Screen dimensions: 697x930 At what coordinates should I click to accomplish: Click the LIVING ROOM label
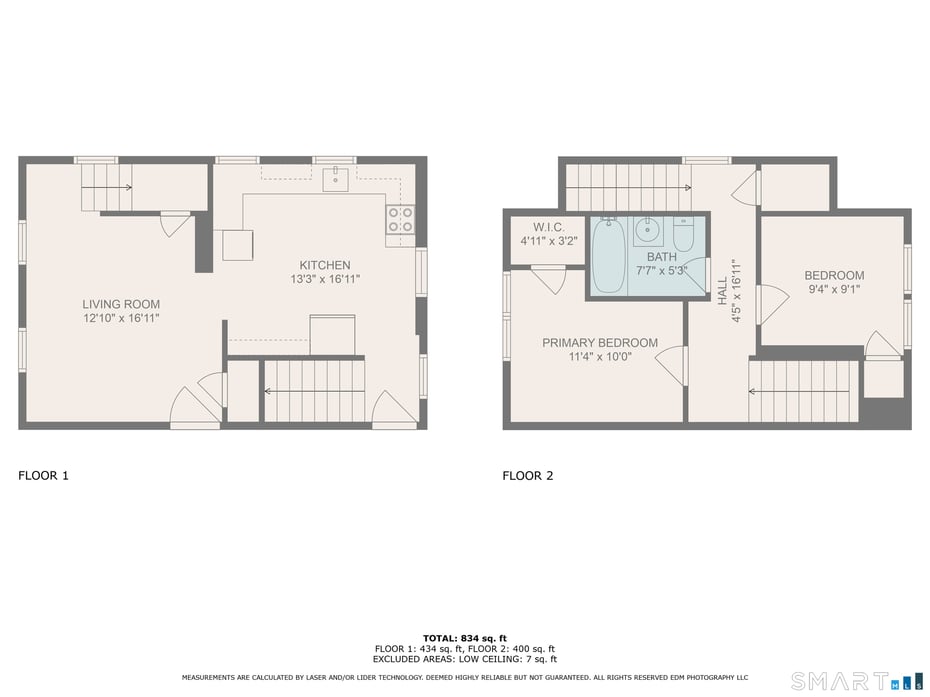(x=121, y=304)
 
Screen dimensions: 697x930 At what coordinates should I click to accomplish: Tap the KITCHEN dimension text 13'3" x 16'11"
(x=318, y=279)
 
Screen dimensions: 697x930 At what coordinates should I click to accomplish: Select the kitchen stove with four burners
(x=400, y=220)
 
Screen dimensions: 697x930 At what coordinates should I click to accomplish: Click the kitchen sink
(x=335, y=180)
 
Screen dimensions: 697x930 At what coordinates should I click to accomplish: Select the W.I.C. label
(x=549, y=227)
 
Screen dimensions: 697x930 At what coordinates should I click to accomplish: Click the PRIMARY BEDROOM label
(x=600, y=343)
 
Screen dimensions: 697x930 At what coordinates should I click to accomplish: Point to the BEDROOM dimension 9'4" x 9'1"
(x=834, y=289)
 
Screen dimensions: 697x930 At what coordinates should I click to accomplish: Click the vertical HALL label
(x=723, y=291)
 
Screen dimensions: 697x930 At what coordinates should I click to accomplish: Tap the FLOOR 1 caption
(x=44, y=476)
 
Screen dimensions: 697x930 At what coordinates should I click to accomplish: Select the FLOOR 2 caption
(x=528, y=476)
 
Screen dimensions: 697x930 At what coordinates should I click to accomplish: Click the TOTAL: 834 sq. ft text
(x=464, y=638)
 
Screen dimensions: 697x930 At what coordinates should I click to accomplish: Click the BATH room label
(x=662, y=257)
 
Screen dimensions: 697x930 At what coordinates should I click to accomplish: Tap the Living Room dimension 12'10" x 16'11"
(x=121, y=317)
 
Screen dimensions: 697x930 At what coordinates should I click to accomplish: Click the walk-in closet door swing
(x=548, y=277)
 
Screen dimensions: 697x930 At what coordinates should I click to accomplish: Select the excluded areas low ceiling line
(x=464, y=659)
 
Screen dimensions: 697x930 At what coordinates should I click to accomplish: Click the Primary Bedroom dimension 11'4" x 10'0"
(x=600, y=356)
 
